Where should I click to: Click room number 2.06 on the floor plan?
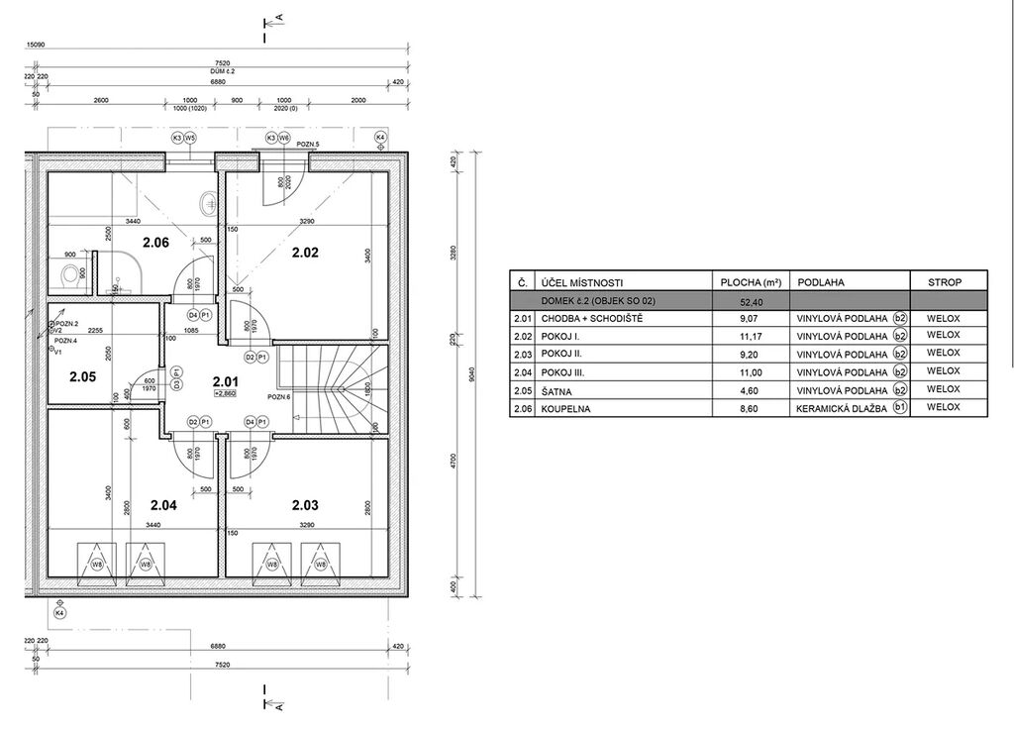pyautogui.click(x=156, y=243)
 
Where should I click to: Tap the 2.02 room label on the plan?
pyautogui.click(x=305, y=253)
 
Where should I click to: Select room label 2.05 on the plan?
pyautogui.click(x=82, y=376)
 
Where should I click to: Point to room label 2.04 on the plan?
pyautogui.click(x=161, y=505)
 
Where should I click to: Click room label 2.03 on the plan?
pyautogui.click(x=305, y=505)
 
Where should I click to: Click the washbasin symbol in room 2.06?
pyautogui.click(x=208, y=204)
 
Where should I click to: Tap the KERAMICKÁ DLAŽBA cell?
pyautogui.click(x=842, y=407)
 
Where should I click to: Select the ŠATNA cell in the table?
pyautogui.click(x=556, y=389)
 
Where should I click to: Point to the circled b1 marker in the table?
pyautogui.click(x=899, y=407)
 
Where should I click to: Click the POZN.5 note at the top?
pyautogui.click(x=306, y=145)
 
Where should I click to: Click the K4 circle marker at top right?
pyautogui.click(x=380, y=138)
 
